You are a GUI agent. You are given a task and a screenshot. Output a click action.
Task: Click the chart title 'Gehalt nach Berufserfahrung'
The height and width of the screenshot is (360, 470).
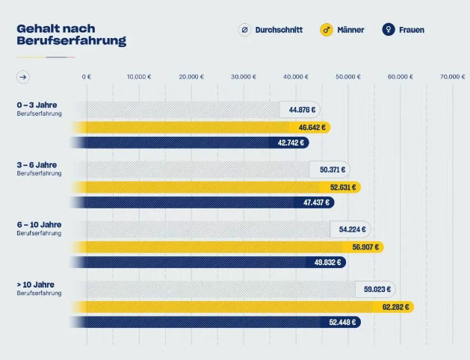pyautogui.click(x=71, y=34)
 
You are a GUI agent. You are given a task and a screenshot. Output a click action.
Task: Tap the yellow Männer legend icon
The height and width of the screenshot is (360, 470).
pyautogui.click(x=326, y=30)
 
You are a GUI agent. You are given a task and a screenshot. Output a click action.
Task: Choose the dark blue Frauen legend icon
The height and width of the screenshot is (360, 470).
pyautogui.click(x=387, y=30)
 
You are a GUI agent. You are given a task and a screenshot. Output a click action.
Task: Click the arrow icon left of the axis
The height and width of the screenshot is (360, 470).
pyautogui.click(x=24, y=76)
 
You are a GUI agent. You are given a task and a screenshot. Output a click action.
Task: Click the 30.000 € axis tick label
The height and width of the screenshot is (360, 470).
pyautogui.click(x=244, y=76)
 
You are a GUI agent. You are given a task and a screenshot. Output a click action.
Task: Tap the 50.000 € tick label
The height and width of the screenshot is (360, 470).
pyautogui.click(x=348, y=76)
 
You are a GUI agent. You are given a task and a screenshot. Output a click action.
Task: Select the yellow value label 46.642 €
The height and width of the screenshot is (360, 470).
pyautogui.click(x=312, y=128)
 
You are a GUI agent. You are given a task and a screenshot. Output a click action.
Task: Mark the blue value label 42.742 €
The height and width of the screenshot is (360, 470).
pyautogui.click(x=291, y=143)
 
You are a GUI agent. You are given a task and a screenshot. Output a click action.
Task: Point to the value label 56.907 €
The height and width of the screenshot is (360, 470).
pyautogui.click(x=365, y=247)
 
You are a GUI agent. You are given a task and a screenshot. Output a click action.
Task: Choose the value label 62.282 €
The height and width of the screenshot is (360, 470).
pyautogui.click(x=395, y=307)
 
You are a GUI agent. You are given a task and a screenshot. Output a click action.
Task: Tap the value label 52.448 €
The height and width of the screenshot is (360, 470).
pyautogui.click(x=343, y=322)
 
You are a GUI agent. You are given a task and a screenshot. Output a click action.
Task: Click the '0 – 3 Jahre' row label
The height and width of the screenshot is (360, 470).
pyautogui.click(x=37, y=105)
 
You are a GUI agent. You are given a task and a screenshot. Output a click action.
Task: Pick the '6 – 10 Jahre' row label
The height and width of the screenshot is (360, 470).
pyautogui.click(x=39, y=225)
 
